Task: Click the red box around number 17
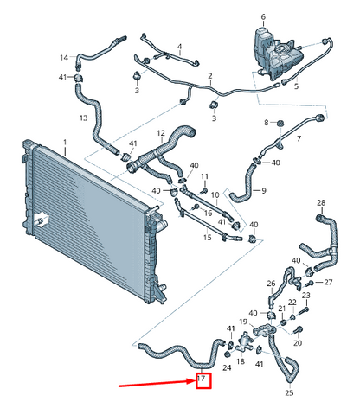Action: pos(203,380)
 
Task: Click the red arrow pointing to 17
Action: pos(157,384)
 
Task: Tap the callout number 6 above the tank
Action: pos(263,17)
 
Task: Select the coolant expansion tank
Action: pos(276,54)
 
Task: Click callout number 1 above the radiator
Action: pos(65,143)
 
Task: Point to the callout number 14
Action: pos(64,58)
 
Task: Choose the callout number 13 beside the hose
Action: pos(84,118)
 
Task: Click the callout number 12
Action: pos(161,133)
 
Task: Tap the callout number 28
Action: pos(321,203)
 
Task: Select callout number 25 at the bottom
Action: pos(289,392)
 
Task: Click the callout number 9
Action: pos(264,190)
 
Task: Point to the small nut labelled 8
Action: pos(280,124)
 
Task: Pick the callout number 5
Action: pos(296,86)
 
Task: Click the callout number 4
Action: pos(180,47)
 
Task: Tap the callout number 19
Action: pos(243,322)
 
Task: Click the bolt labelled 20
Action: pos(299,330)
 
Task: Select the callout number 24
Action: pos(227,367)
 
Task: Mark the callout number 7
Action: pos(299,138)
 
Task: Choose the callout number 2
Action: pos(210,76)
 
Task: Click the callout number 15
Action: pos(207,238)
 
